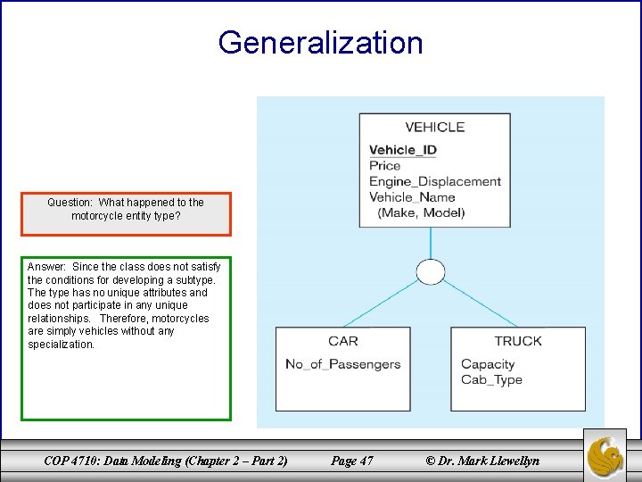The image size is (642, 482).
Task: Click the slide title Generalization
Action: (x=320, y=43)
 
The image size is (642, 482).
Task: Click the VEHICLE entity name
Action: (x=434, y=128)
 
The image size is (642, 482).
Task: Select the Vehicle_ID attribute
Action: (x=403, y=150)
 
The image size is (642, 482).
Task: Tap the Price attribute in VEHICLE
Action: (x=385, y=165)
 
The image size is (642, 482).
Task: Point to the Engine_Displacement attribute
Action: (x=435, y=181)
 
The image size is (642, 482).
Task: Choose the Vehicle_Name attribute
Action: (x=412, y=197)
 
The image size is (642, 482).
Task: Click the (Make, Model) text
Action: (x=421, y=212)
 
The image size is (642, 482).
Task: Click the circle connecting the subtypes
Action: (x=431, y=271)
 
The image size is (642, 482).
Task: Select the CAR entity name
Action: (x=342, y=341)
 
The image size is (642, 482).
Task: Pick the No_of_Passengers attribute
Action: (x=342, y=364)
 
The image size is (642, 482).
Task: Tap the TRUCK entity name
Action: (x=518, y=341)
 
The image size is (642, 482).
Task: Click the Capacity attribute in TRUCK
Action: (x=488, y=364)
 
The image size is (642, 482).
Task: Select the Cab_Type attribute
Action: (x=491, y=379)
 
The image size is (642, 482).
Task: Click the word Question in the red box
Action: (x=70, y=203)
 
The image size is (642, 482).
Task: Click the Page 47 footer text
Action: (x=351, y=461)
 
